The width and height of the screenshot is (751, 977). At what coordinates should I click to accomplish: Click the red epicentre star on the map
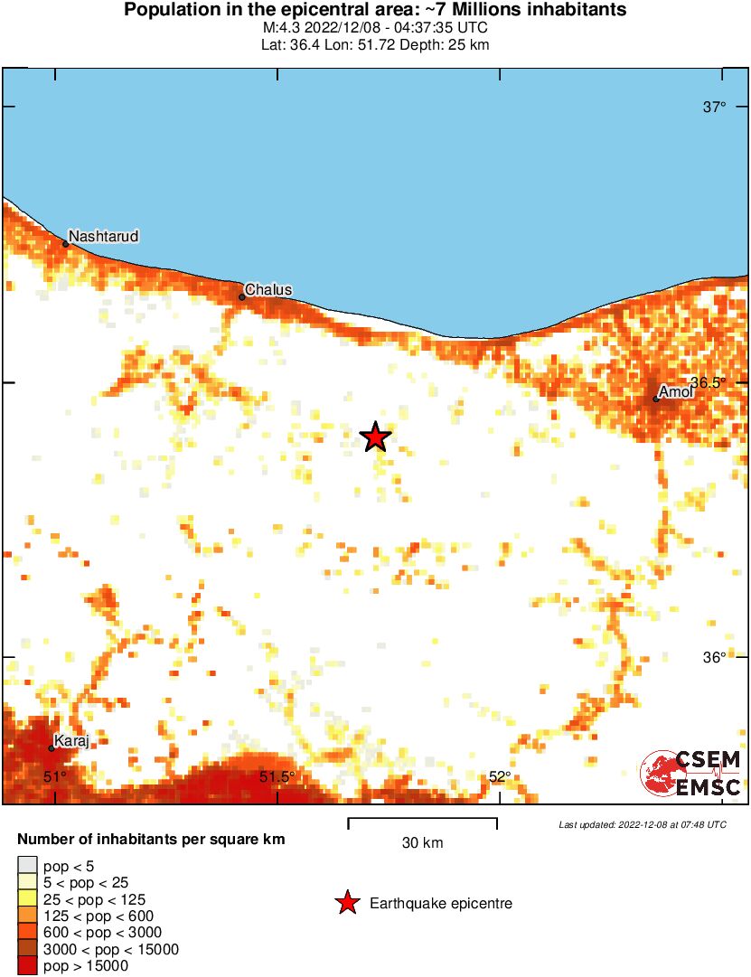(375, 437)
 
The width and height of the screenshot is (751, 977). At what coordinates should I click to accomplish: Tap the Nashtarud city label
(104, 236)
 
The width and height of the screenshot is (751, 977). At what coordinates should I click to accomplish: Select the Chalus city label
(268, 289)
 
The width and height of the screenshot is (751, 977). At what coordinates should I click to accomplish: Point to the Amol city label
(676, 391)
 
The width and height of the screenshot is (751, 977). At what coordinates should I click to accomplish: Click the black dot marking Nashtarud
(65, 244)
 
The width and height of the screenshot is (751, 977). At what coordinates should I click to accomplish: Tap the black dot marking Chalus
(242, 296)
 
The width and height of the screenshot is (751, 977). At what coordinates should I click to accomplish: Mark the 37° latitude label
(714, 108)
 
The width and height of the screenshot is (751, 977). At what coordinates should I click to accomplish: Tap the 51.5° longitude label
(277, 776)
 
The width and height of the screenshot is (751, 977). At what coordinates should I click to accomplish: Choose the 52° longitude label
(500, 776)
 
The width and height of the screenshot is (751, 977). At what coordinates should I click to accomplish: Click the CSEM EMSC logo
(691, 775)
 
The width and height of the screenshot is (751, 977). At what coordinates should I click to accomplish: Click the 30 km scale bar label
(422, 843)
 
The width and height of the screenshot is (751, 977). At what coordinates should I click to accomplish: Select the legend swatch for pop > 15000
(28, 965)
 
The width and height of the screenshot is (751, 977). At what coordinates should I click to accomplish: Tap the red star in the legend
(347, 902)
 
